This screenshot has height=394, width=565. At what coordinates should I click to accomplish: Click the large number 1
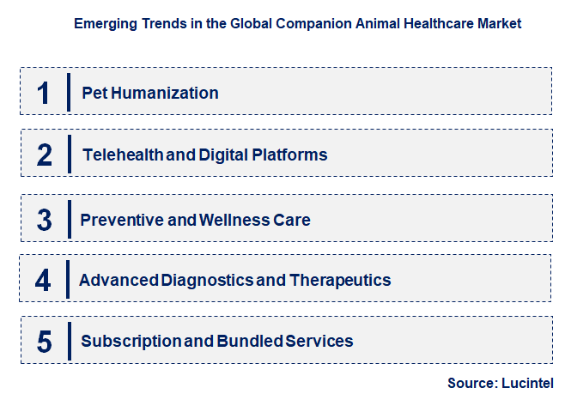pyautogui.click(x=44, y=92)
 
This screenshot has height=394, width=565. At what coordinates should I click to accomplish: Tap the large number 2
pyautogui.click(x=45, y=155)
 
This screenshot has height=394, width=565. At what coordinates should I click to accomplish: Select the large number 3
pyautogui.click(x=45, y=220)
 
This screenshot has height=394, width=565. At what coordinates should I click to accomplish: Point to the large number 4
pyautogui.click(x=44, y=281)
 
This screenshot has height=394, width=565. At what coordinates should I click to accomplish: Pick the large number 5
pyautogui.click(x=45, y=342)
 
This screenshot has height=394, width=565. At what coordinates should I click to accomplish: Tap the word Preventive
pyautogui.click(x=122, y=220)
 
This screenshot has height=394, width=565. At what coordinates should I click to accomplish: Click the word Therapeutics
pyautogui.click(x=340, y=280)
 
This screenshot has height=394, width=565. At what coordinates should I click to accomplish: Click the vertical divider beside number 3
pyautogui.click(x=68, y=220)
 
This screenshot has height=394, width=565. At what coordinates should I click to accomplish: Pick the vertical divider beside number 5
pyautogui.click(x=68, y=342)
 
